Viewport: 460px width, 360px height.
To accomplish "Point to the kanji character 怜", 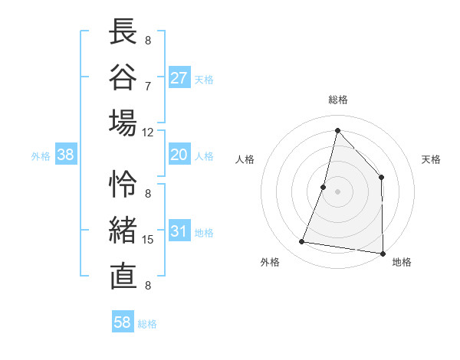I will click(x=123, y=185).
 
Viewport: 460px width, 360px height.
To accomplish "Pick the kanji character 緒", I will click(x=123, y=230).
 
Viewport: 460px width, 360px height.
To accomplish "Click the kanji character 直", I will click(x=123, y=275).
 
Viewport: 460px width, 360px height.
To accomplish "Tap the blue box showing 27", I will click(x=179, y=78).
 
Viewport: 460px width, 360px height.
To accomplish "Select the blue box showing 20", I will click(x=179, y=155).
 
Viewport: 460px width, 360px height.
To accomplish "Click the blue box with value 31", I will click(x=179, y=232).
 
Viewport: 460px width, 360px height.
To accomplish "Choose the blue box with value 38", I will click(x=66, y=155).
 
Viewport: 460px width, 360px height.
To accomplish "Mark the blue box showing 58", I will click(x=123, y=323).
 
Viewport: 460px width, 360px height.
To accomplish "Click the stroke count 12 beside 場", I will click(x=148, y=132).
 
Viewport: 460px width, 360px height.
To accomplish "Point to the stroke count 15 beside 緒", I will click(x=148, y=240).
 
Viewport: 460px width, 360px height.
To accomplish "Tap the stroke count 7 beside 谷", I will click(x=148, y=86).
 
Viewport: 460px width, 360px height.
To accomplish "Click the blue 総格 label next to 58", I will click(x=147, y=324).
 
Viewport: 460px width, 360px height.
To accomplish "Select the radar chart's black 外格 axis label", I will click(x=270, y=262).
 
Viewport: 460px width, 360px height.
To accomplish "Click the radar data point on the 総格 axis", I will click(x=337, y=130).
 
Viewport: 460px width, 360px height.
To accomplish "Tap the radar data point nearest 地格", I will click(x=383, y=253).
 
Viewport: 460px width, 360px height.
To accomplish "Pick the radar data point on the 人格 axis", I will click(x=324, y=187).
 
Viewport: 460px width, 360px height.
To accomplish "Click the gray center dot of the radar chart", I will click(x=337, y=191).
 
